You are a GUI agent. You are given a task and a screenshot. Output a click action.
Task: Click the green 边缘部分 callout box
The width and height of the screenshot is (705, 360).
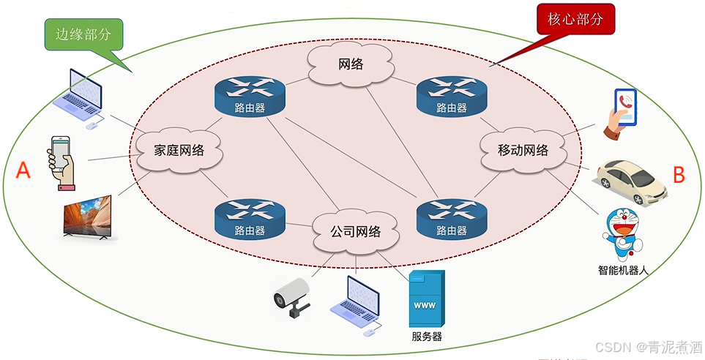[x=83, y=34]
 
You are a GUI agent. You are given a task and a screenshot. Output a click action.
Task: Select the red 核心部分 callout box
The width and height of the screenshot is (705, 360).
[x=575, y=20]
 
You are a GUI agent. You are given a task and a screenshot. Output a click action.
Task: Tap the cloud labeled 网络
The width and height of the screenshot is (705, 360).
[x=351, y=64]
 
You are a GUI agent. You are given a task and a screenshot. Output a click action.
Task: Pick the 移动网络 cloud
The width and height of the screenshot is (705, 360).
[x=523, y=151]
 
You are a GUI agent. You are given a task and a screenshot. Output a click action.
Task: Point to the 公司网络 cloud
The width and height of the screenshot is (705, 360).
[x=356, y=232]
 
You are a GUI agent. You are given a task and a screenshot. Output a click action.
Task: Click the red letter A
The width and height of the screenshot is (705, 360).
[x=23, y=171]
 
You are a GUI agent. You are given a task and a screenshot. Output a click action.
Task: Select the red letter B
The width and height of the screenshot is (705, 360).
[x=679, y=176]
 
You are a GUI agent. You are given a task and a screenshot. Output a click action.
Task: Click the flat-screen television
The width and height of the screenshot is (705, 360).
[x=87, y=217]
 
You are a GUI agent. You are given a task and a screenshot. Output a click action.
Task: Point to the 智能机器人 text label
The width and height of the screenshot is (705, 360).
[x=623, y=270]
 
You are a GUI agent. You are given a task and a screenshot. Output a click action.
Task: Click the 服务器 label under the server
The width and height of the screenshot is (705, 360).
[x=427, y=337]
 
